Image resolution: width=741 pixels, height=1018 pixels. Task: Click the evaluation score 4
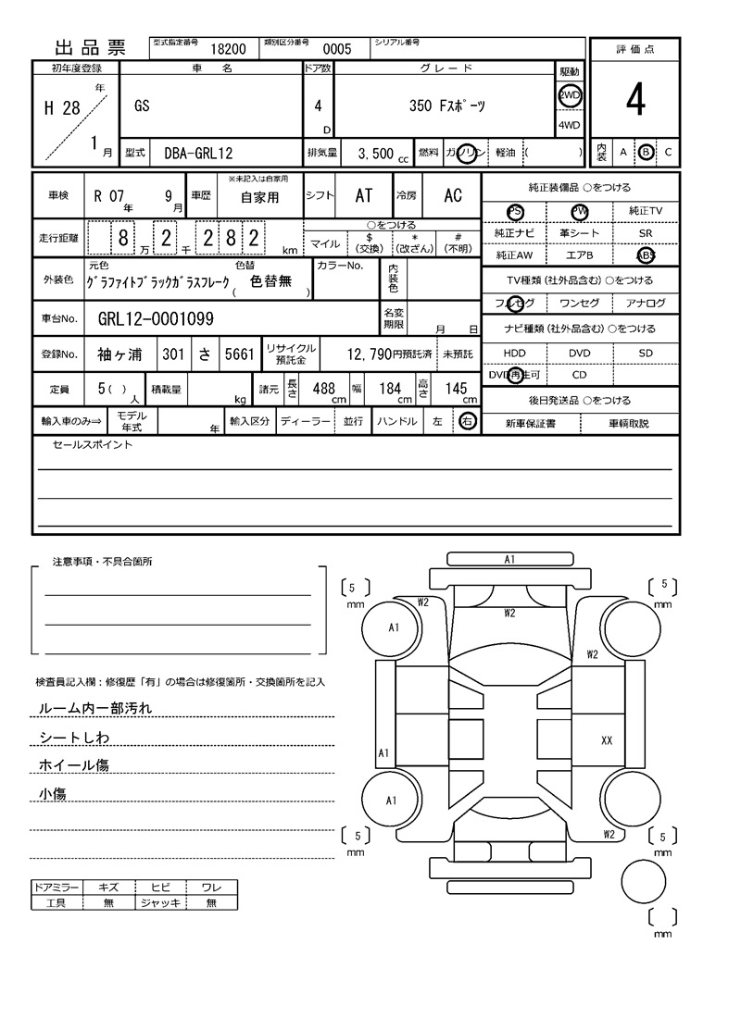coord(634,101)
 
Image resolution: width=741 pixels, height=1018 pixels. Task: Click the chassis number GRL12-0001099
coord(156,319)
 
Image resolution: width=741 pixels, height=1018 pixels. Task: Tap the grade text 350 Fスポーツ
coord(446,106)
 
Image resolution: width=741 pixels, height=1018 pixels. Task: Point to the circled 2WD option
coord(570,95)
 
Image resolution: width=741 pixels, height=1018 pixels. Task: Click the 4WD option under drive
coord(570,125)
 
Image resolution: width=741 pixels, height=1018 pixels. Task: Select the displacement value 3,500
coord(375,153)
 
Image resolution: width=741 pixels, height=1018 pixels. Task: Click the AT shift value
coord(364,195)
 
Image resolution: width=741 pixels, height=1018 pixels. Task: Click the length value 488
coord(323,389)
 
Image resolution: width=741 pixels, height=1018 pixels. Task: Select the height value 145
coord(456,389)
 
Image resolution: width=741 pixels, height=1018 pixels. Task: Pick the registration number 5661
coord(238,354)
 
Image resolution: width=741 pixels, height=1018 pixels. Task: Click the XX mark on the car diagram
coord(608,740)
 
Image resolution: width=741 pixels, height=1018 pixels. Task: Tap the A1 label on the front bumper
coord(509,559)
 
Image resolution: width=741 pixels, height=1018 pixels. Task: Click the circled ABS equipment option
coord(646,255)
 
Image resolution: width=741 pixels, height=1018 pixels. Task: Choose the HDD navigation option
coord(514,354)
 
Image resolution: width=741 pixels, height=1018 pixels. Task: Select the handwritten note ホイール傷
coord(74,765)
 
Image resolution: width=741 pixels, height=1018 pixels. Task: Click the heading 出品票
coord(90,48)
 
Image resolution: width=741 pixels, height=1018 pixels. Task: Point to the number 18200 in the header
coord(229,50)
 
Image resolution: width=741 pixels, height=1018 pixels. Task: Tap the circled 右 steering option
coord(467,421)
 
